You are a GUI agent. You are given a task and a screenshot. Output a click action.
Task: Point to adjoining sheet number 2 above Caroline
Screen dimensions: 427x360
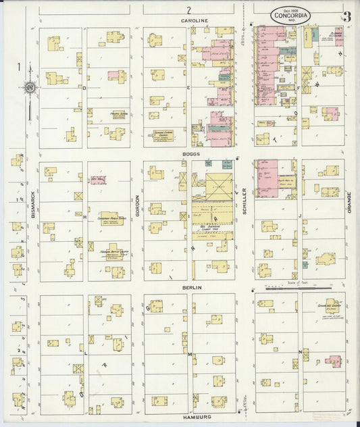coord(190,9)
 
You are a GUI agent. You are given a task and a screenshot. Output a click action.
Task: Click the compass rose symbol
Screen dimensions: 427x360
coord(30,87)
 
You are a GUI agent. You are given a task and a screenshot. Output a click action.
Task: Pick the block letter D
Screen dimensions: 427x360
coord(84,88)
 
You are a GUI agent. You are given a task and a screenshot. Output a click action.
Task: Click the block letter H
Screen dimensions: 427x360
coord(84,218)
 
